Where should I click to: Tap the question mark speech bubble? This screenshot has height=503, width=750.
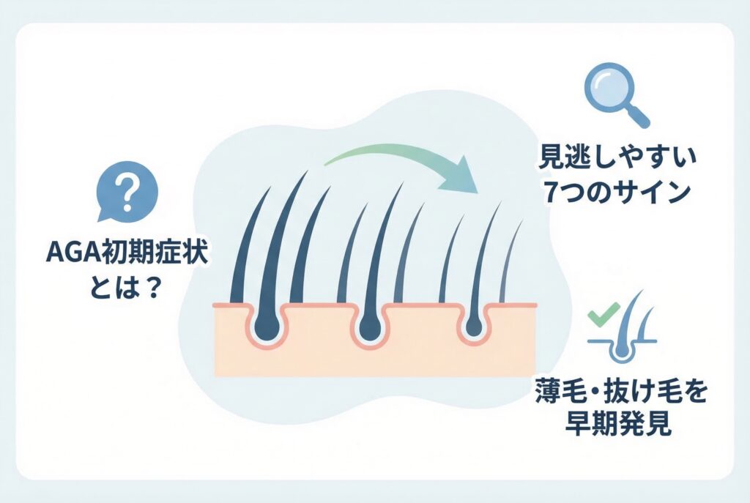[127, 192]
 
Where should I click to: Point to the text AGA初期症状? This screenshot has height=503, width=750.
[127, 256]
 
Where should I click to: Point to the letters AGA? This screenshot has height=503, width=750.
[69, 256]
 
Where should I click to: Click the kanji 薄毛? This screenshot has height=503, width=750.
[568, 392]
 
